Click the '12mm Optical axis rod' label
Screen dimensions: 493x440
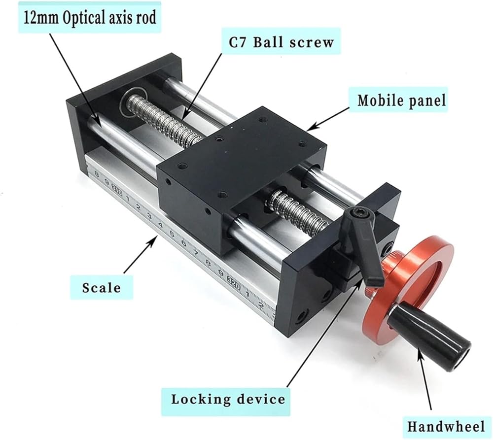coord(90,18)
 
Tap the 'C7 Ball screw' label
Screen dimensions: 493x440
coord(281,42)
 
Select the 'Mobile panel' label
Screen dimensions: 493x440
coord(402,100)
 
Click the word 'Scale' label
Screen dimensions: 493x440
coord(101,288)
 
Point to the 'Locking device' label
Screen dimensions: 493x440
coord(228,400)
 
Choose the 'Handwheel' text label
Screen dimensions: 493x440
coord(446,427)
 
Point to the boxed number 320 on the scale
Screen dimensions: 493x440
coord(233,279)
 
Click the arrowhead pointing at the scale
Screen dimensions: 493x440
coord(154,240)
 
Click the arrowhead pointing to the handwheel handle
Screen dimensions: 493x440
coord(418,352)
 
